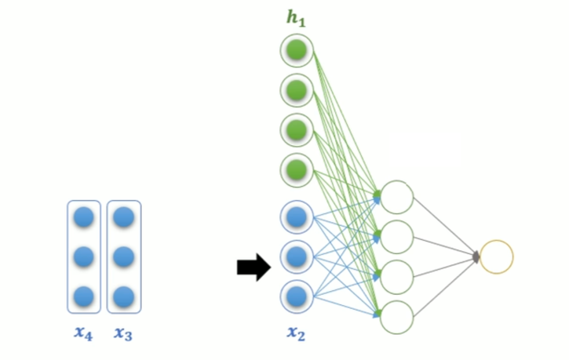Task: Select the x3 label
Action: click(x=123, y=333)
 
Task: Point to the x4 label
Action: click(x=83, y=333)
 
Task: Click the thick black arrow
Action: click(x=253, y=268)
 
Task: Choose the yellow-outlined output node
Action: click(x=496, y=256)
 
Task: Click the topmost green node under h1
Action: click(x=297, y=52)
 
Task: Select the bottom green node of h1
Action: click(x=297, y=169)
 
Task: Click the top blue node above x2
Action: click(x=297, y=217)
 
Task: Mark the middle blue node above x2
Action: click(x=297, y=256)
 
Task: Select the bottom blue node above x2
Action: click(x=297, y=296)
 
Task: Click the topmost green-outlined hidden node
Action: click(x=397, y=197)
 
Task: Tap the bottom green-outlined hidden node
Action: click(x=397, y=316)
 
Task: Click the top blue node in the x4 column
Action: click(x=84, y=217)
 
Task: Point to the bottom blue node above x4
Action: click(x=84, y=296)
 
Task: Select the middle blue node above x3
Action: click(x=123, y=256)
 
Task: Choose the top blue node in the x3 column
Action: click(x=123, y=217)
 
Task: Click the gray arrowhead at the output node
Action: click(x=476, y=256)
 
